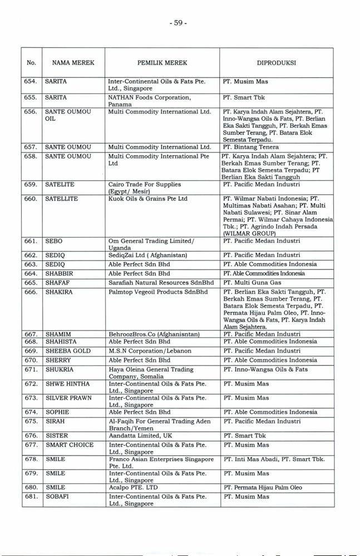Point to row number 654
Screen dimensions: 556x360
[31, 82]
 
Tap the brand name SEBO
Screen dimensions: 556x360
[54, 241]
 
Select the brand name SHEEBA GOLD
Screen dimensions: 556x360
[67, 351]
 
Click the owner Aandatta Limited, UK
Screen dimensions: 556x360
[141, 436]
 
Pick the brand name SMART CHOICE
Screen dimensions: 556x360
[70, 445]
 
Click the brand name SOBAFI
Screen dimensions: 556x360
[57, 497]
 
